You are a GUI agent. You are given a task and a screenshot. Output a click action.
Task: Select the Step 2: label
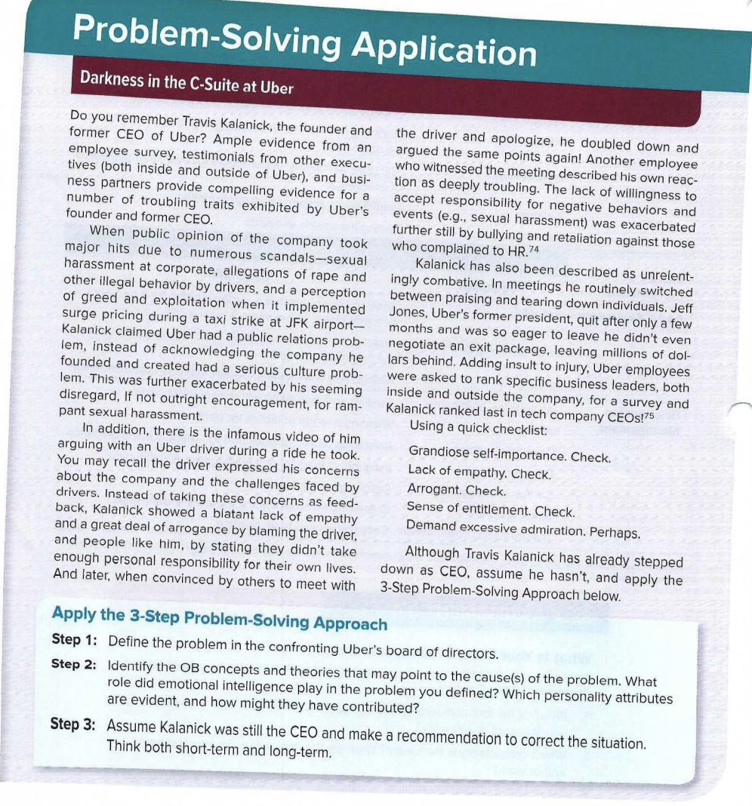pyautogui.click(x=74, y=664)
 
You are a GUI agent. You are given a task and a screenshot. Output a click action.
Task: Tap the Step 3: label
pyautogui.click(x=73, y=724)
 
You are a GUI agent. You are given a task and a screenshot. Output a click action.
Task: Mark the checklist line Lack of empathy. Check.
pyautogui.click(x=479, y=472)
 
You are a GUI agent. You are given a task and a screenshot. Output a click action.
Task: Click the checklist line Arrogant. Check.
pyautogui.click(x=455, y=491)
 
